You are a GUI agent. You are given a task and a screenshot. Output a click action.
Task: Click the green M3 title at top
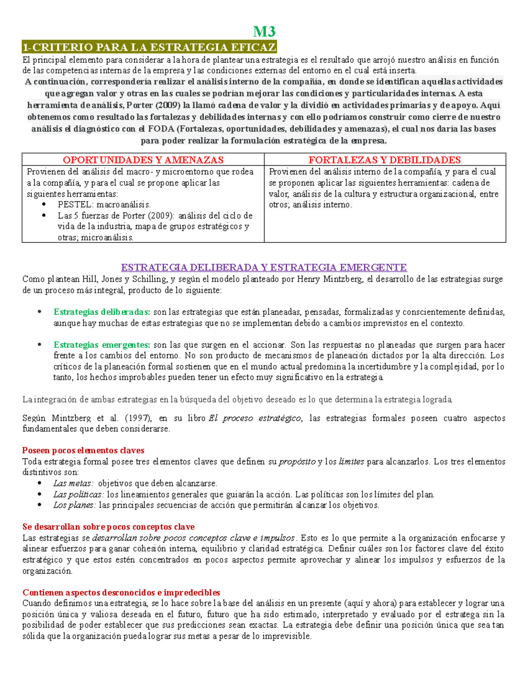[264, 32]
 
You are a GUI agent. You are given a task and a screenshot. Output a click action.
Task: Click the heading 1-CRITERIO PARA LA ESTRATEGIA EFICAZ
[150, 47]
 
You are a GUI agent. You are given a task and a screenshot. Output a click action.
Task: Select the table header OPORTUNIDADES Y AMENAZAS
[143, 160]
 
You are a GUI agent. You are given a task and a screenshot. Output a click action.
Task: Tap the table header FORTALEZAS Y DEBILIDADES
[385, 160]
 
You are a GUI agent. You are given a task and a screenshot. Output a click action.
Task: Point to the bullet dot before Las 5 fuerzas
[44, 215]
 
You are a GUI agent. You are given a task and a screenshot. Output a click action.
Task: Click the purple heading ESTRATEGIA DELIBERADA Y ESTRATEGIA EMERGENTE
[264, 267]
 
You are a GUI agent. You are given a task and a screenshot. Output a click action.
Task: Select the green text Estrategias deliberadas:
[102, 312]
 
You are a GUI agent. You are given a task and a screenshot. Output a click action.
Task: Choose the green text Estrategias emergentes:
[102, 345]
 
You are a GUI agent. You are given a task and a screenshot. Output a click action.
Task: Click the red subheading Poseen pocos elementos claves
[83, 450]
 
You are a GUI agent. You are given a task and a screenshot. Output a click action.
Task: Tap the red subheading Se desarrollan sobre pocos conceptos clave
[108, 527]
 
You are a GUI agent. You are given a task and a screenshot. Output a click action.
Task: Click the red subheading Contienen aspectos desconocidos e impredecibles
[121, 592]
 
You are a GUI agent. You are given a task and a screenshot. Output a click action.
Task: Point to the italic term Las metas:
[73, 483]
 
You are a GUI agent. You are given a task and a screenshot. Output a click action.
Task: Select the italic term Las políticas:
[78, 494]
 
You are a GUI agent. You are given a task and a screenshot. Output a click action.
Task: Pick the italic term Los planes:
[74, 505]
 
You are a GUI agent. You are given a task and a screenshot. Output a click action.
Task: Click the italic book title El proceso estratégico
[255, 418]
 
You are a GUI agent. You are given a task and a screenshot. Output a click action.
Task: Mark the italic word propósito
[297, 462]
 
